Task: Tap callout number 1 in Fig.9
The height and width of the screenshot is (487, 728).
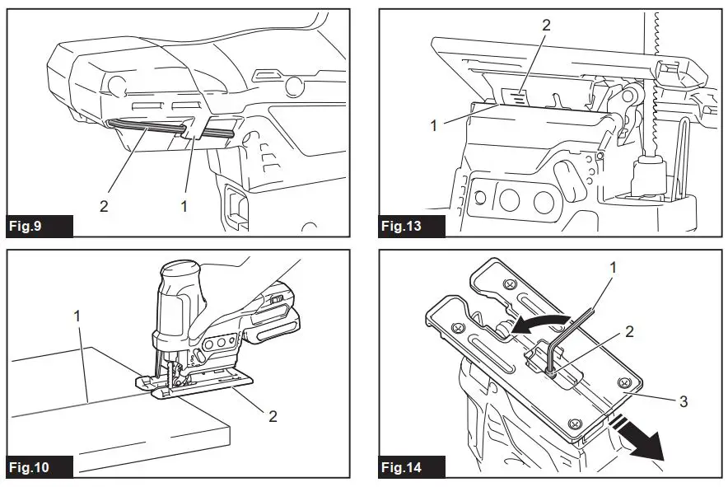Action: click(x=184, y=207)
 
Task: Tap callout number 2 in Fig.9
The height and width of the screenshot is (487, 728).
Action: click(x=104, y=207)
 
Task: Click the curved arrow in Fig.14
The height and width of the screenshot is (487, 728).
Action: click(x=534, y=321)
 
